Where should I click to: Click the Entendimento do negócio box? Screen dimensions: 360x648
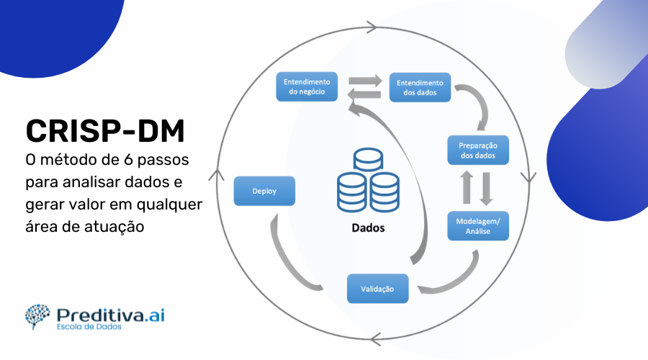coord(307,87)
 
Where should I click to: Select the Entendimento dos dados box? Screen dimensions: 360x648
coord(420,87)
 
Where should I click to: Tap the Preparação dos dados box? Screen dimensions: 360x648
coord(478,150)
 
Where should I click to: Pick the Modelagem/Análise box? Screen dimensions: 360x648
coord(478,227)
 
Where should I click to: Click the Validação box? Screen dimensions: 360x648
coord(377,288)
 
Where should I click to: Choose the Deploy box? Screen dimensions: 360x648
coord(264,192)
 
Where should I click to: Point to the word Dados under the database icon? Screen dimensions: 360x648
coord(368,228)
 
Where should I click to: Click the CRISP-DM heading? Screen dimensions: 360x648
coord(105,132)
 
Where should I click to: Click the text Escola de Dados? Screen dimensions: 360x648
coord(89,327)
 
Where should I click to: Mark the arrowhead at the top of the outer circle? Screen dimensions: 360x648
coord(372,27)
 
